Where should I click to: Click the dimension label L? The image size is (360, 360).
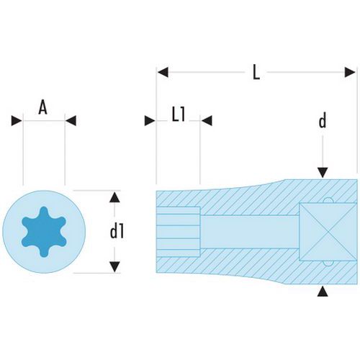point(256,72)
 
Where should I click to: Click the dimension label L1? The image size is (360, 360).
point(179,115)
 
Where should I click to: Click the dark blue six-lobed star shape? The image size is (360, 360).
point(44,232)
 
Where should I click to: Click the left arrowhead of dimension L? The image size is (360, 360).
point(163,72)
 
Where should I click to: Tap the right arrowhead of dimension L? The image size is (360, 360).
point(350,72)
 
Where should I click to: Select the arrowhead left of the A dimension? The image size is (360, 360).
point(17,121)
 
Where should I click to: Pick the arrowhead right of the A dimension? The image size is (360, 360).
point(71,121)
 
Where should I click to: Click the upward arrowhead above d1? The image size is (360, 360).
point(114,197)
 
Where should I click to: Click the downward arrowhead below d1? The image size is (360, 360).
point(114,267)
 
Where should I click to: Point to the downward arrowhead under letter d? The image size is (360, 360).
point(323,173)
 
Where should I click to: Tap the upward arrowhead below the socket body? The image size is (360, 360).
point(323,292)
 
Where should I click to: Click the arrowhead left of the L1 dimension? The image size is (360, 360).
point(150,121)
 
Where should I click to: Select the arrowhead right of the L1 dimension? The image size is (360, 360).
point(207,121)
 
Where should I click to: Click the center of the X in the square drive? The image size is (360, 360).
point(328,232)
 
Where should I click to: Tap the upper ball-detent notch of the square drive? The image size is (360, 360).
point(328,201)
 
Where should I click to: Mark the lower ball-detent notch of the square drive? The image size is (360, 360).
point(328,264)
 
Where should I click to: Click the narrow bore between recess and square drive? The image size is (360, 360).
point(250,232)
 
